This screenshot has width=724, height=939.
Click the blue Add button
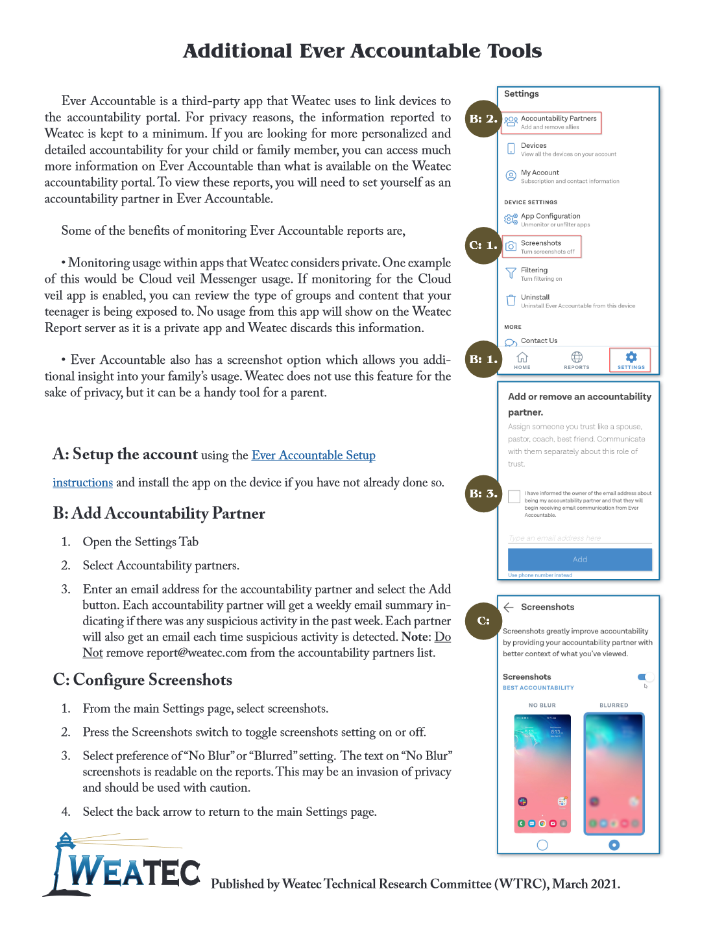(x=579, y=559)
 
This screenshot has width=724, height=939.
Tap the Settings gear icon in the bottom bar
(x=631, y=357)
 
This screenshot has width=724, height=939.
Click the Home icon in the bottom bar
(x=522, y=358)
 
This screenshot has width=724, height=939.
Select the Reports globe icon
(x=576, y=357)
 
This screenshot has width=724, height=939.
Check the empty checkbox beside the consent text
(x=514, y=497)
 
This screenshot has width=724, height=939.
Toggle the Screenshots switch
(x=645, y=678)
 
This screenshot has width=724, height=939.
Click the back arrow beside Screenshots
(x=509, y=607)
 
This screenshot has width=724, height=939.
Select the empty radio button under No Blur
(x=542, y=845)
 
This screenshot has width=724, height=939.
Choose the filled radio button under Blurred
(x=614, y=845)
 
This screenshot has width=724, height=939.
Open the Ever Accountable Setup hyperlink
(x=313, y=455)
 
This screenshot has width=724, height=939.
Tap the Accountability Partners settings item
(x=558, y=122)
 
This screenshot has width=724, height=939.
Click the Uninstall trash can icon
(x=511, y=300)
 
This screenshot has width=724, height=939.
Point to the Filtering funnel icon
(x=511, y=273)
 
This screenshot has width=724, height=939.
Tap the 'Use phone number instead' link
(x=540, y=575)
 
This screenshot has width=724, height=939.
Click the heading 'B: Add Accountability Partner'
(x=159, y=514)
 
